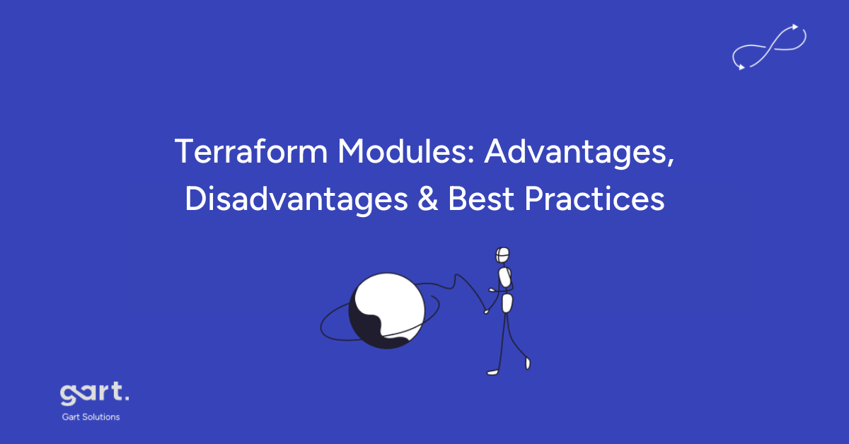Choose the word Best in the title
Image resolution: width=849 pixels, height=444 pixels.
coord(480,199)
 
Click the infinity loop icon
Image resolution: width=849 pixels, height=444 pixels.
coord(770,47)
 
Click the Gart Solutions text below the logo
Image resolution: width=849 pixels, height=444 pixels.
coord(91,416)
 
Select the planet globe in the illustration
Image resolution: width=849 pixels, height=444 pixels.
coord(386,310)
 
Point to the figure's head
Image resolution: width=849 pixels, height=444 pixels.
coord(503,255)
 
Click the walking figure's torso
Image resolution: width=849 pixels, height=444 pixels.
coord(505,277)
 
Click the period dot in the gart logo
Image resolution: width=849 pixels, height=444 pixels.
coord(127,399)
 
